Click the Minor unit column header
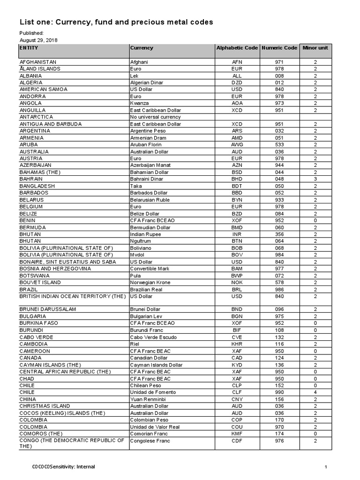click(x=315, y=48)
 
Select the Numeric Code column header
click(x=279, y=48)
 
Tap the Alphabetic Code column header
click(x=237, y=48)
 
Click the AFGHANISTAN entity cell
click(x=37, y=62)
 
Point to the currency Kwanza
click(x=139, y=103)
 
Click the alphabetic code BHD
click(x=237, y=179)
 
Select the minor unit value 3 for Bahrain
click(x=315, y=179)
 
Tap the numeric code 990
click(x=279, y=392)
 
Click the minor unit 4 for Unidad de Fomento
click(x=315, y=392)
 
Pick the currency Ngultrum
click(x=140, y=241)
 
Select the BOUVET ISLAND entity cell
click(x=40, y=283)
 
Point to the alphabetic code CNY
click(x=237, y=399)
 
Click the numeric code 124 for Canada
click(x=279, y=358)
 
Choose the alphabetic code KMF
click(x=237, y=434)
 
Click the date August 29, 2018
click(x=35, y=40)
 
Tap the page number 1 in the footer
click(x=325, y=467)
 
